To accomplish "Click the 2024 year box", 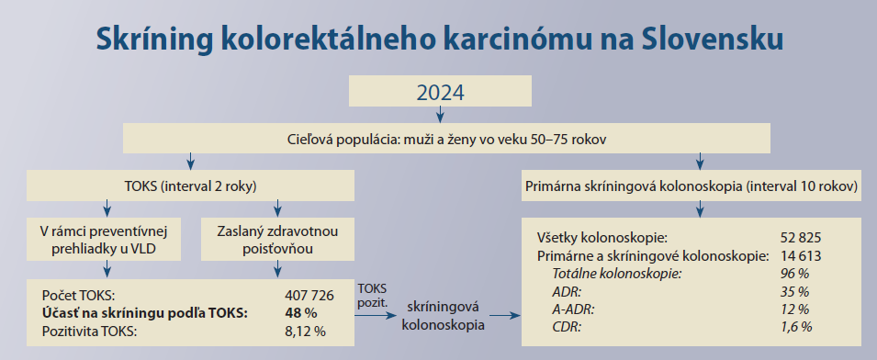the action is pyautogui.click(x=440, y=91).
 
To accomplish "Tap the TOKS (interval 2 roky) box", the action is pyautogui.click(x=191, y=186).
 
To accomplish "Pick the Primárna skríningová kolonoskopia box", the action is pyautogui.click(x=691, y=186).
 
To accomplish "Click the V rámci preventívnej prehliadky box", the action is pyautogui.click(x=104, y=240).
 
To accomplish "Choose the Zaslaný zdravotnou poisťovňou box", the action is pyautogui.click(x=277, y=240).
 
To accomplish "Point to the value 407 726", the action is pyautogui.click(x=309, y=295).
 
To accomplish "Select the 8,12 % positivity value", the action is pyautogui.click(x=305, y=331).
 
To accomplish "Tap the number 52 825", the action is pyautogui.click(x=801, y=238).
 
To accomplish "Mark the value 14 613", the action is pyautogui.click(x=801, y=256).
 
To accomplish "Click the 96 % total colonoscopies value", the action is pyautogui.click(x=794, y=274).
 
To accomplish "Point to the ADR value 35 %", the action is pyautogui.click(x=794, y=292).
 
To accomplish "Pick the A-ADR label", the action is pyautogui.click(x=574, y=309).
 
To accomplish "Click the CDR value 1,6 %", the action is pyautogui.click(x=796, y=327).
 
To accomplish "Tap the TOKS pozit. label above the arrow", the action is pyautogui.click(x=371, y=294).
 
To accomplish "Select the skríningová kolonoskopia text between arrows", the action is pyautogui.click(x=444, y=316).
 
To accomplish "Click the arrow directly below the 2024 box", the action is pyautogui.click(x=440, y=114).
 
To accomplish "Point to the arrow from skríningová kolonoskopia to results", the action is pyautogui.click(x=504, y=316).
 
